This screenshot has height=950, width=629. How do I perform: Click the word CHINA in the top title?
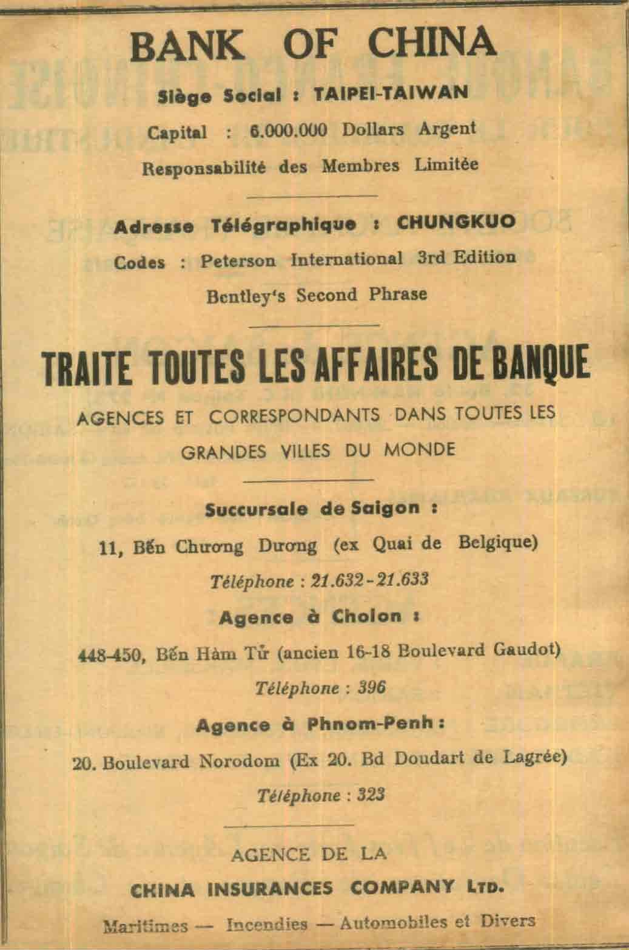[432, 42]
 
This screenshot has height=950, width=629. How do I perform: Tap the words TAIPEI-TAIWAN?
[391, 93]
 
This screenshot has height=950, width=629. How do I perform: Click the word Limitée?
[446, 165]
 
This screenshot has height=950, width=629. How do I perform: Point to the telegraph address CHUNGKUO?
[456, 223]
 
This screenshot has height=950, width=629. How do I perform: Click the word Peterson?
[238, 260]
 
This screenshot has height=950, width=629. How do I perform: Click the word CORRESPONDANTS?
[295, 416]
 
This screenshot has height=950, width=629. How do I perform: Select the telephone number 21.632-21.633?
[369, 580]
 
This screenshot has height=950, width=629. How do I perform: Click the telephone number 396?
[372, 688]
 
